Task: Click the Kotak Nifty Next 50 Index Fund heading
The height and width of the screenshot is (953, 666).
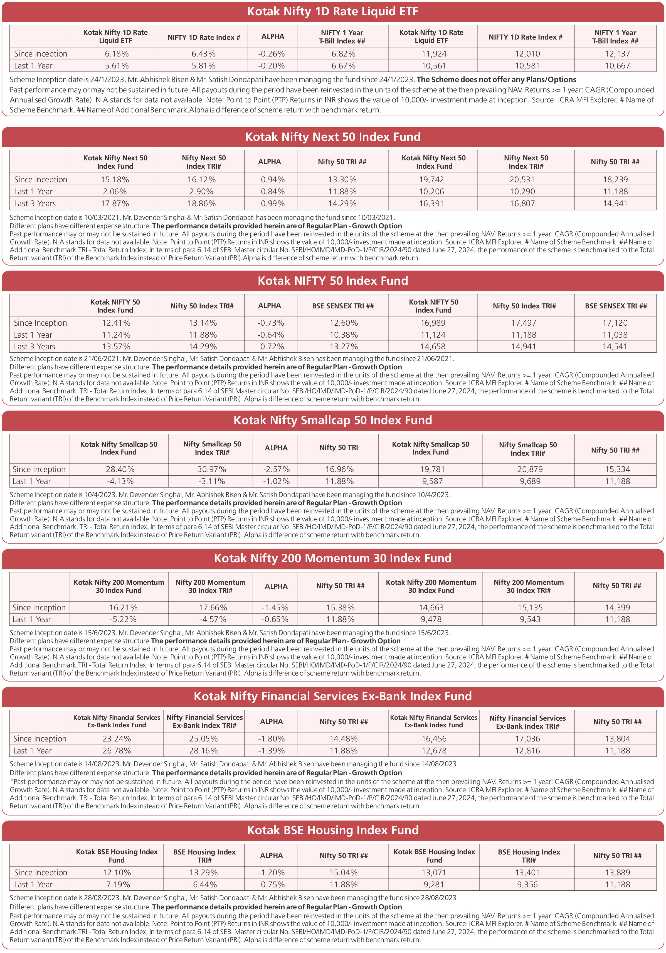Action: tap(332, 137)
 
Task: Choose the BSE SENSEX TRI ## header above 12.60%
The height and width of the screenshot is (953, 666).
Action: tap(343, 306)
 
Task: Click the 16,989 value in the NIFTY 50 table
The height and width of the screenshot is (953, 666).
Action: tap(433, 323)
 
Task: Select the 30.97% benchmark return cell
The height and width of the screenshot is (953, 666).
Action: tap(212, 470)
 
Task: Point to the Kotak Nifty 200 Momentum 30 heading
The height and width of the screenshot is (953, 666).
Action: tap(332, 558)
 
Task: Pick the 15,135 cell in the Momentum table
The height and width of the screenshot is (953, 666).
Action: tap(530, 608)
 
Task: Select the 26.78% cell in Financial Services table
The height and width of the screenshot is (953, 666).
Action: tap(117, 751)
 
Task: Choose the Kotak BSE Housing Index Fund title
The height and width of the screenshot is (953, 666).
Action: tap(332, 830)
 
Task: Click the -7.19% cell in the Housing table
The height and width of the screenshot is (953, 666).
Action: tap(117, 885)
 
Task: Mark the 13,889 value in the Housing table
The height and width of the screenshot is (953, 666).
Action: tap(617, 873)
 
